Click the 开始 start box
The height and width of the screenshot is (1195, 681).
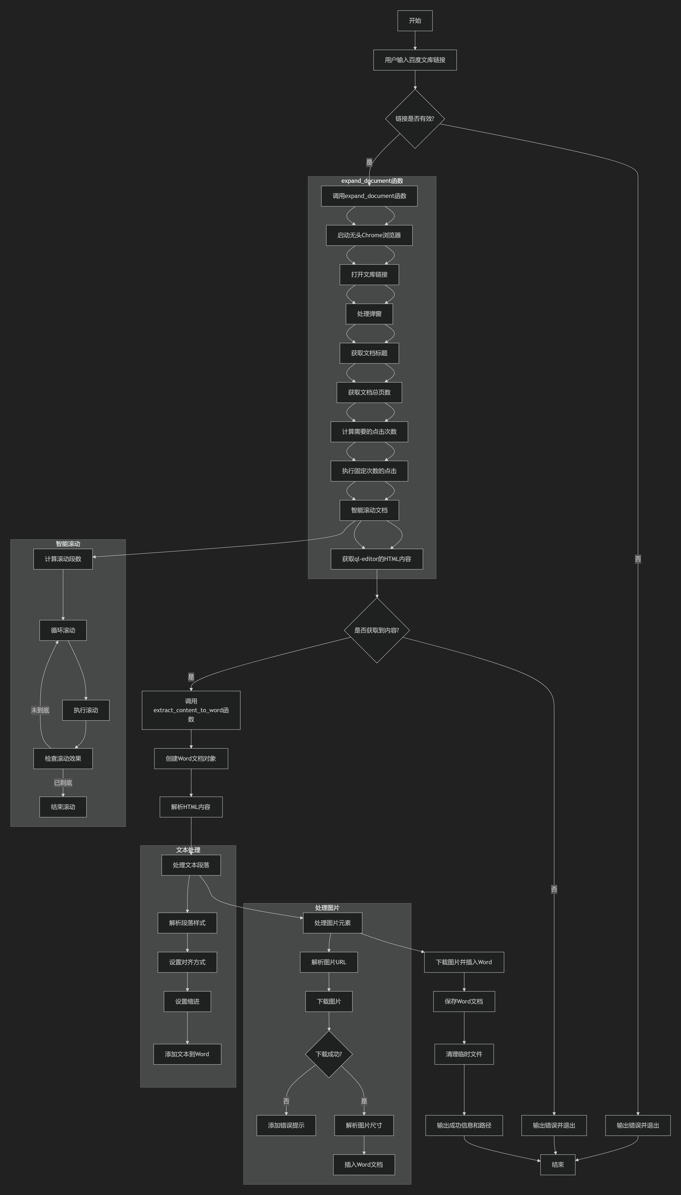click(415, 21)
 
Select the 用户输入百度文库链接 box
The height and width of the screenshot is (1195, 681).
click(415, 60)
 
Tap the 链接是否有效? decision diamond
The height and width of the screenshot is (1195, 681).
click(415, 119)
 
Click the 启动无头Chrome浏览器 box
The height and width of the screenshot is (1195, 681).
click(369, 235)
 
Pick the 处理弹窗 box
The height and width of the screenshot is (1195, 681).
click(369, 314)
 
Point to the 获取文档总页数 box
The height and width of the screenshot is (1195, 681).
click(369, 392)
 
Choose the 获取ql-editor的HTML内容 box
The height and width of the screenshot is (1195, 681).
click(376, 559)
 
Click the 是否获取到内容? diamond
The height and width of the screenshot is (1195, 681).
click(376, 630)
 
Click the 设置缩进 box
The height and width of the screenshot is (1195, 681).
click(187, 1001)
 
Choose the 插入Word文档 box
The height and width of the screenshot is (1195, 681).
click(364, 1165)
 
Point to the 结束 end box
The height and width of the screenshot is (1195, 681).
click(557, 1165)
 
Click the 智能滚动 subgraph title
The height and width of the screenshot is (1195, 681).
click(68, 544)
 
